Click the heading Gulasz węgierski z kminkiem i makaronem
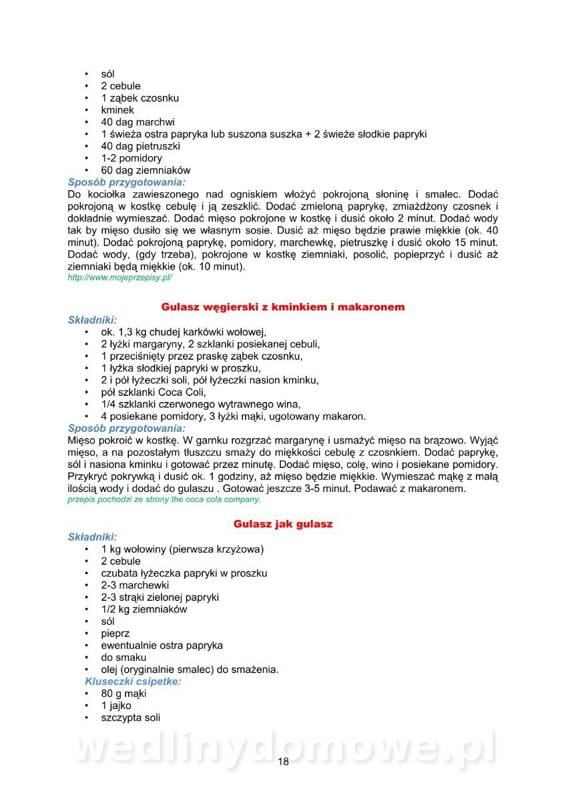pyautogui.click(x=283, y=307)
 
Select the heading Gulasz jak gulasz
pyautogui.click(x=283, y=525)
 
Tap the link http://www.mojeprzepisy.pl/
pyautogui.click(x=120, y=277)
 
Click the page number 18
pyautogui.click(x=283, y=762)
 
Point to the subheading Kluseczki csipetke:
pyautogui.click(x=133, y=682)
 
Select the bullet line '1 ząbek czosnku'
pyautogui.click(x=139, y=98)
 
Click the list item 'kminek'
pyautogui.click(x=117, y=110)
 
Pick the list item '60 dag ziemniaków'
pyautogui.click(x=146, y=170)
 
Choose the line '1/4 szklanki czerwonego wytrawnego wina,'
pyautogui.click(x=200, y=405)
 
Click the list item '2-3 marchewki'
pyautogui.click(x=135, y=585)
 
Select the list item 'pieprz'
pyautogui.click(x=115, y=633)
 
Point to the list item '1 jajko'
pyautogui.click(x=116, y=706)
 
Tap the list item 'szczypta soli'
pyautogui.click(x=130, y=718)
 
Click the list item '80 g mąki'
pyautogui.click(x=123, y=694)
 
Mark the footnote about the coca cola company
pyautogui.click(x=164, y=499)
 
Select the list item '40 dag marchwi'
pyautogui.click(x=137, y=122)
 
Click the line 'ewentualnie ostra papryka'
pyautogui.click(x=162, y=645)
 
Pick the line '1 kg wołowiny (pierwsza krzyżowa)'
pyautogui.click(x=182, y=549)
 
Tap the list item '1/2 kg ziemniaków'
pyautogui.click(x=144, y=609)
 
